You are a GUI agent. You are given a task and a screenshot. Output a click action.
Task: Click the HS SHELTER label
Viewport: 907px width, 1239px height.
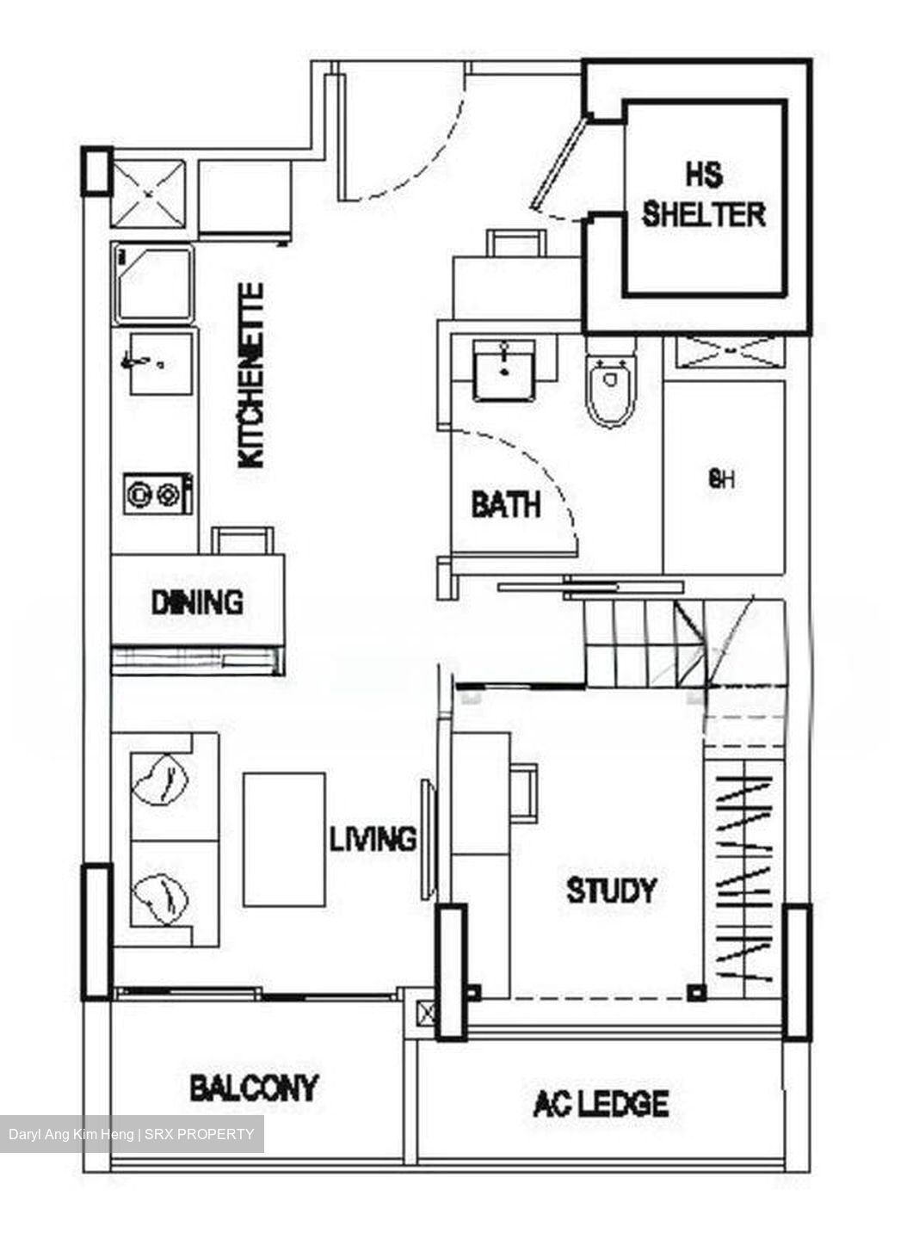[703, 195]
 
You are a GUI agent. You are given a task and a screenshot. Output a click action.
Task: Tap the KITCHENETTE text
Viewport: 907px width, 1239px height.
[251, 376]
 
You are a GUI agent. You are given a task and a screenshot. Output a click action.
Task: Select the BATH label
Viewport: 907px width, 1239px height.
[506, 504]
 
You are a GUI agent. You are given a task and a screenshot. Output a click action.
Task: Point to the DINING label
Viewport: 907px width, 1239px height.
[197, 601]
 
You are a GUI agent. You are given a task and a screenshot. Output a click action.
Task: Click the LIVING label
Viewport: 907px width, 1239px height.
[373, 839]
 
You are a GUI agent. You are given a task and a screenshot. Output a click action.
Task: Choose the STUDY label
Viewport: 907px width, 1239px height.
[612, 890]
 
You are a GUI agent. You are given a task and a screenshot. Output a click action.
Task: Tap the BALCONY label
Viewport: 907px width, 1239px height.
[253, 1088]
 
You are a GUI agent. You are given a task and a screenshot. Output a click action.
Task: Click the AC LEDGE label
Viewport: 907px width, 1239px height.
[601, 1103]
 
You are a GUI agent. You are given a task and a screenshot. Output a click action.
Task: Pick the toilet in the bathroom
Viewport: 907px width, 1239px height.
[610, 390]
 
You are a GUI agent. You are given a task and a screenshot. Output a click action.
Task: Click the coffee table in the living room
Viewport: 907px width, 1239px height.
[284, 839]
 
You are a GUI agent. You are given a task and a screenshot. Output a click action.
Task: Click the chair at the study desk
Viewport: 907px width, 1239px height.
[525, 792]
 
